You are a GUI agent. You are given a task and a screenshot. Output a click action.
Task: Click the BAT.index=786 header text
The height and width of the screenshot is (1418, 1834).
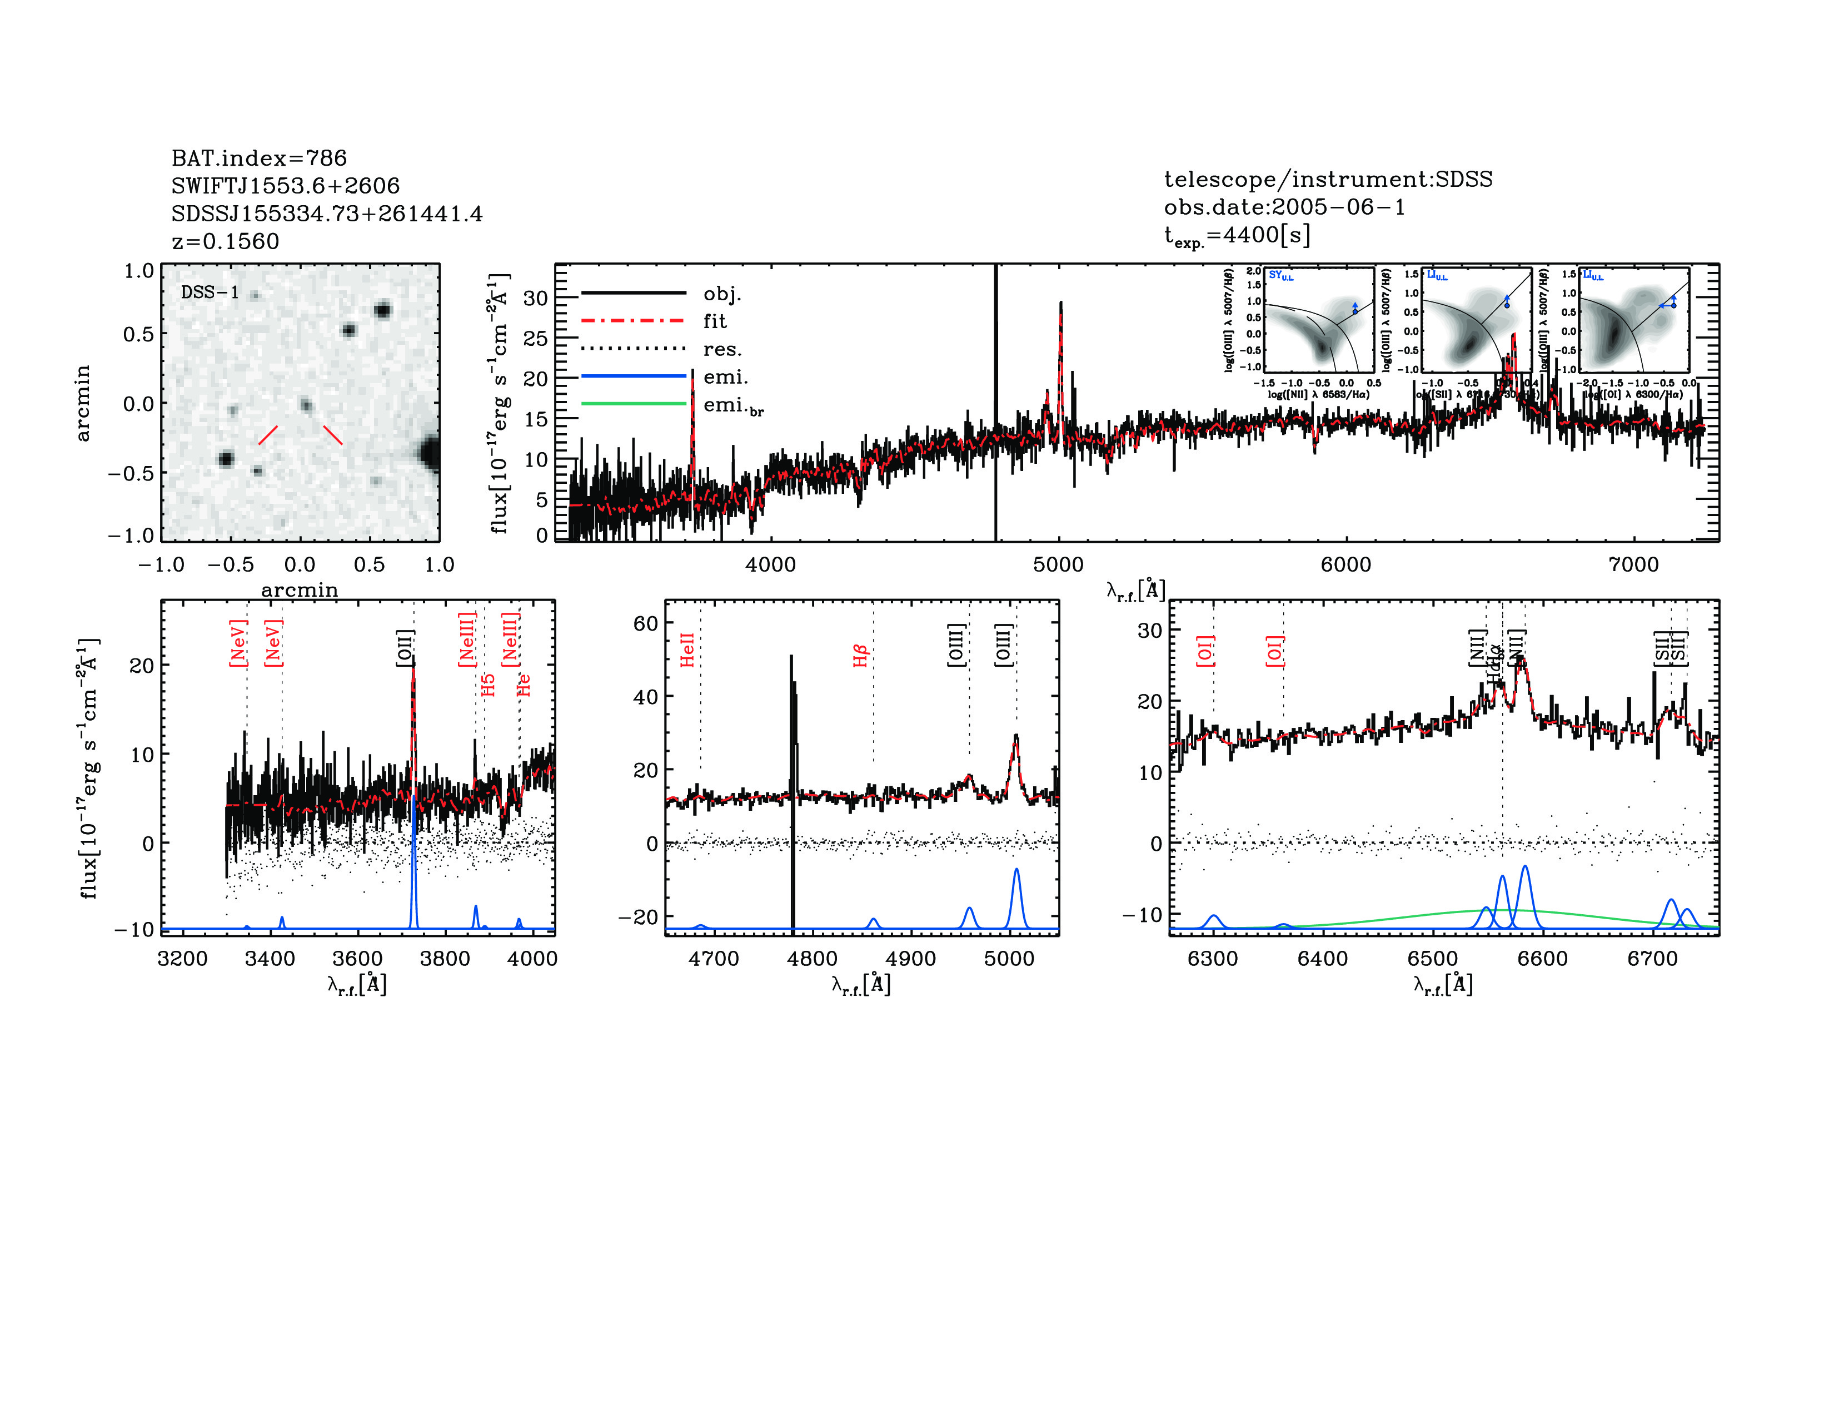(x=258, y=158)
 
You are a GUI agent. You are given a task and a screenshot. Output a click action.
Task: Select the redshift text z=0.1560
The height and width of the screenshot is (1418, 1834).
(x=225, y=241)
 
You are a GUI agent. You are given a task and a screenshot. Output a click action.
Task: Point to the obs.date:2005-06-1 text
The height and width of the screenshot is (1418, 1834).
(x=1284, y=207)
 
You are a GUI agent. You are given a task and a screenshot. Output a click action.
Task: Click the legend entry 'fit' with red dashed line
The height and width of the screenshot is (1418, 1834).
(x=715, y=321)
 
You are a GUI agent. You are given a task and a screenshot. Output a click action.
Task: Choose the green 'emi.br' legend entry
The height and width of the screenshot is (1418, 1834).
(x=732, y=406)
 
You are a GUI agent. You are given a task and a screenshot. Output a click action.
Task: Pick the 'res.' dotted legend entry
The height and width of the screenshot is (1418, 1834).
(x=722, y=349)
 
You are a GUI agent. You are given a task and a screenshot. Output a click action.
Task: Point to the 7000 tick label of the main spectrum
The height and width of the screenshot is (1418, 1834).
(x=1633, y=564)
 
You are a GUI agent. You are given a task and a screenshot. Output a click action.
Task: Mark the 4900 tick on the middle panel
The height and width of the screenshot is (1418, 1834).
(x=910, y=959)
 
